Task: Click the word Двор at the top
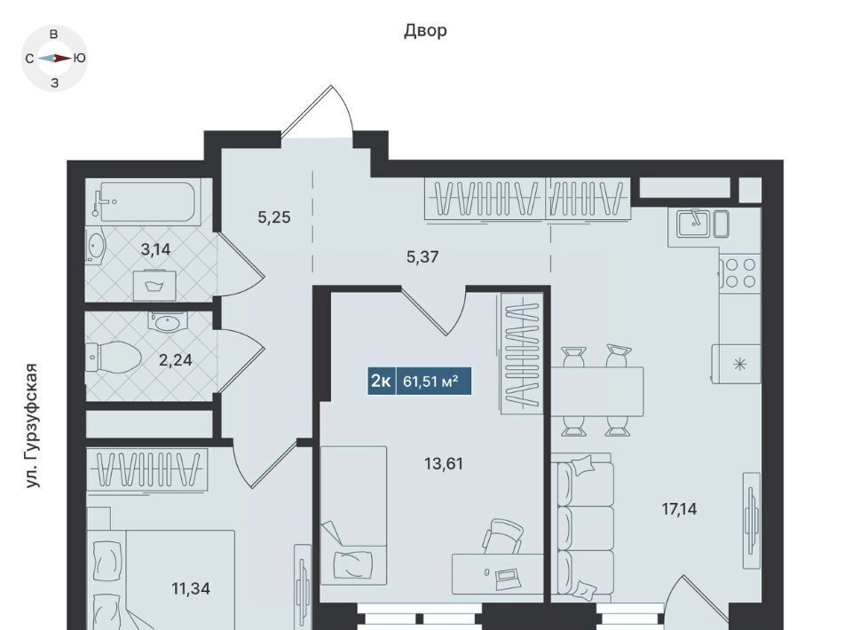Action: pos(425,31)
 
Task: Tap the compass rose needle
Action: pos(54,58)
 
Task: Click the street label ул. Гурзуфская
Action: pos(33,425)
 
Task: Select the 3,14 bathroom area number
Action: pos(155,250)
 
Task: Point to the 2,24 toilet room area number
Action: pos(175,360)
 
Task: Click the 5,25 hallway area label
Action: pos(274,217)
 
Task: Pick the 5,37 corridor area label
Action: pos(422,257)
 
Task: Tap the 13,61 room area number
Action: pos(444,464)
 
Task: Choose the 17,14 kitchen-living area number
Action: pos(679,509)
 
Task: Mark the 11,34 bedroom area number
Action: pos(191,588)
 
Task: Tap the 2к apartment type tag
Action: pos(382,381)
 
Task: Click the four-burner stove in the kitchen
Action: pos(740,272)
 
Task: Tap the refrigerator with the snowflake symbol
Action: pos(737,364)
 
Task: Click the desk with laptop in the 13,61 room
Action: pos(498,573)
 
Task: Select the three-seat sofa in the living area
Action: pos(582,528)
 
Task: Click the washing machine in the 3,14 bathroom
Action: pos(154,286)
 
